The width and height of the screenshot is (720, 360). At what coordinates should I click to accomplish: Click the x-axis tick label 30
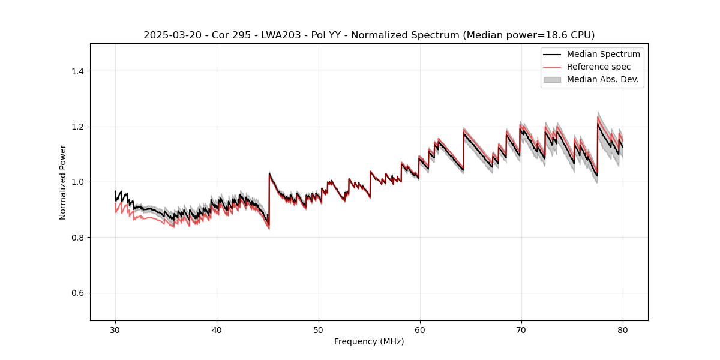(x=115, y=329)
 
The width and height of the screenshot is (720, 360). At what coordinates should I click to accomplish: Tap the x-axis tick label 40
(x=217, y=329)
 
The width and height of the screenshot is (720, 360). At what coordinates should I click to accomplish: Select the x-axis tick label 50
(x=318, y=329)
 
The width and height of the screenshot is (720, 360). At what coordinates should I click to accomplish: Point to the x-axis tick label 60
(x=419, y=329)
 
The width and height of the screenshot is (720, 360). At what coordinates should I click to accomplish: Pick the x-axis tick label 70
(x=521, y=329)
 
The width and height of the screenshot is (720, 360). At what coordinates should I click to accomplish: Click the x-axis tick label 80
(x=622, y=329)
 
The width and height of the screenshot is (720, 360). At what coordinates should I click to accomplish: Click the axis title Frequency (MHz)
(x=369, y=341)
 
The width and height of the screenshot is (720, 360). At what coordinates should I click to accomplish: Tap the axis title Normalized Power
(x=63, y=182)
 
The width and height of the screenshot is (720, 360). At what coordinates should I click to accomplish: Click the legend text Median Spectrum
(x=603, y=54)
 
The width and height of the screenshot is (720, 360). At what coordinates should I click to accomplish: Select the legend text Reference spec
(x=599, y=67)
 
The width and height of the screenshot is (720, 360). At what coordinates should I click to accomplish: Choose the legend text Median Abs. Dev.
(x=602, y=79)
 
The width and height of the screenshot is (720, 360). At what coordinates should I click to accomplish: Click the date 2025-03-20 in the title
(x=169, y=35)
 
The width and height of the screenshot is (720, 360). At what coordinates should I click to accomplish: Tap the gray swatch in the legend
(x=552, y=79)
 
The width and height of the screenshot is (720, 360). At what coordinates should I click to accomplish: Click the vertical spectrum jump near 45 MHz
(x=269, y=198)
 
